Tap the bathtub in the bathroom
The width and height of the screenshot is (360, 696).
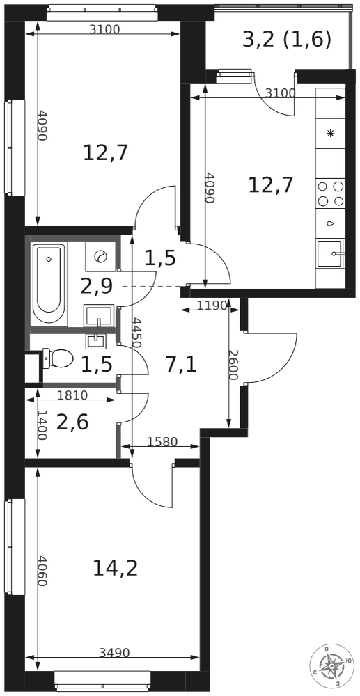point(49,284)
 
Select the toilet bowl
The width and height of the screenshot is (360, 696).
point(58,358)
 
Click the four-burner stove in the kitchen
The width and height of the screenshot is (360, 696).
point(331,193)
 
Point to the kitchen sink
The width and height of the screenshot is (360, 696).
point(331,253)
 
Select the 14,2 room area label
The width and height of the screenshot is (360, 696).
point(116,568)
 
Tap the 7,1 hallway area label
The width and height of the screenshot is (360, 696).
point(180,365)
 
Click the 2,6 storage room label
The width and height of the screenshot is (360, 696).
point(73,422)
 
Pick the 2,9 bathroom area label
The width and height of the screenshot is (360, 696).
point(96,287)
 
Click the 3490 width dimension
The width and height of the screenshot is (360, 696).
point(114,653)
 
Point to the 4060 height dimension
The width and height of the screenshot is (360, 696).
point(42,571)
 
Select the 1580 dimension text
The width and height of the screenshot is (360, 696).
point(162,442)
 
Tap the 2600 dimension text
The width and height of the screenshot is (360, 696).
point(233,365)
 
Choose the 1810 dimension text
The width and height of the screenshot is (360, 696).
point(73,395)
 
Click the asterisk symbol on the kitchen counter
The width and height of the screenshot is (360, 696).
point(330,134)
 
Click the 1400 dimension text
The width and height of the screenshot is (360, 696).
point(41,425)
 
